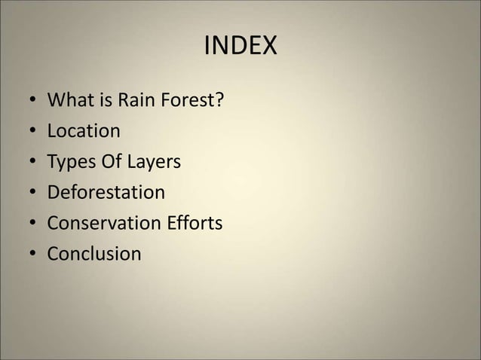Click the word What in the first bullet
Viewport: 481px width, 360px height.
(69, 100)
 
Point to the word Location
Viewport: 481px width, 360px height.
(84, 131)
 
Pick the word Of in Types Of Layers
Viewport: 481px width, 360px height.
(110, 162)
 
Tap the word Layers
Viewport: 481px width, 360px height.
(154, 162)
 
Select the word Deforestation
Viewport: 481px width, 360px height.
(106, 193)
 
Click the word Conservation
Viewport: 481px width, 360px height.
(101, 224)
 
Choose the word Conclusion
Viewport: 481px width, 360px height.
(94, 254)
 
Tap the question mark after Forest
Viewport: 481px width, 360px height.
(219, 100)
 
